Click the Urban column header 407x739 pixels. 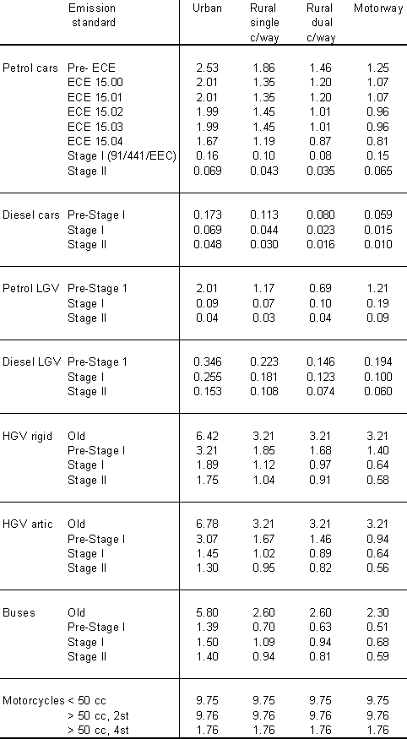point(207,8)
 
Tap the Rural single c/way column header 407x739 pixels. point(264,23)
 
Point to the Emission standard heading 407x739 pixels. point(93,15)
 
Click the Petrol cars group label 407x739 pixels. point(30,68)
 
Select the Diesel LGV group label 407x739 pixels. point(32,362)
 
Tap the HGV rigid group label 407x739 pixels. point(27,436)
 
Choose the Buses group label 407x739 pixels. point(19,612)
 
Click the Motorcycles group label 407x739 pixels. point(34,700)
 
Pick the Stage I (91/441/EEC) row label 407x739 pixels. point(122,156)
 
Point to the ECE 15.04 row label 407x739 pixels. point(95,141)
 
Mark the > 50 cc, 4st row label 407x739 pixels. point(99,731)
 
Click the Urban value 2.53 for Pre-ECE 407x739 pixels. point(207,68)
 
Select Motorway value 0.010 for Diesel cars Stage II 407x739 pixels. point(377,244)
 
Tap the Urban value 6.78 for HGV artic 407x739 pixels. point(207,524)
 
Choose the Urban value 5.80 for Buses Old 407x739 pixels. point(207,612)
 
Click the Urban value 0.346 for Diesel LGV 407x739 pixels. point(207,362)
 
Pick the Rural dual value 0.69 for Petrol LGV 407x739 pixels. point(320,288)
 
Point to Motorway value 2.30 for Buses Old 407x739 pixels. point(377,612)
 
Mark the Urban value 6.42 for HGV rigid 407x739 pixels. point(207,436)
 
